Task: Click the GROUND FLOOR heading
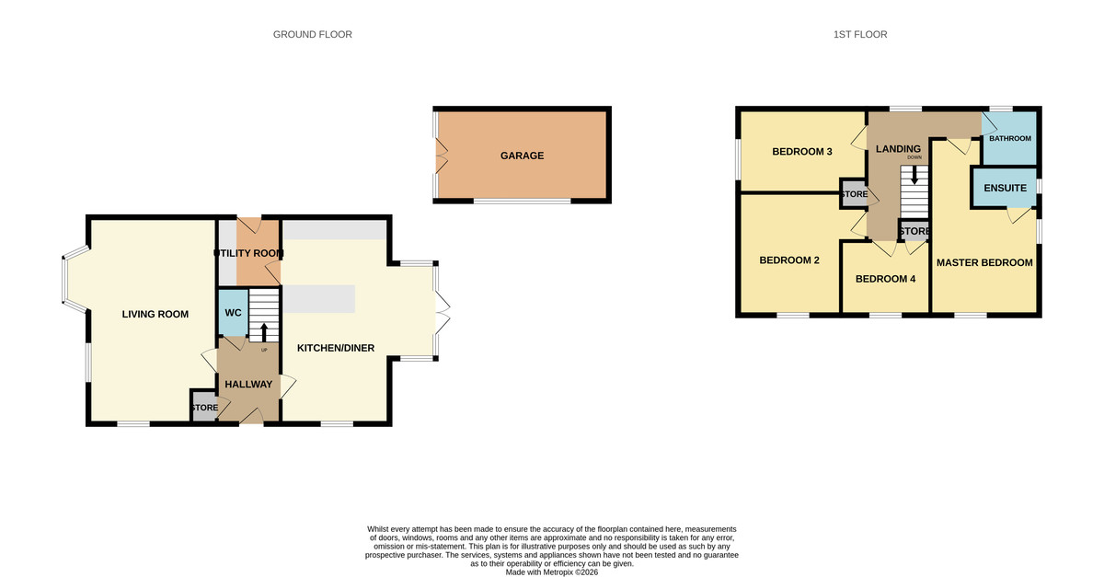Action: (312, 35)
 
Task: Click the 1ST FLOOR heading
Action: (861, 35)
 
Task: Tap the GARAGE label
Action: (522, 156)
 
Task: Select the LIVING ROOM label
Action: (155, 315)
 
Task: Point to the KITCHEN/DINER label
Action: (335, 348)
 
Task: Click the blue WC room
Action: (233, 313)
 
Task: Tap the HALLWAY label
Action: (249, 385)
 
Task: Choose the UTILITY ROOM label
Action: (248, 253)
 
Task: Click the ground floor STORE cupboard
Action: (204, 408)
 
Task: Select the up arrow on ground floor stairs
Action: (264, 331)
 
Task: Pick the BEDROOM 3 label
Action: (801, 152)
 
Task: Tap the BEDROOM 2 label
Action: (788, 260)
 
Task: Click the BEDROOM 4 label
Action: (885, 279)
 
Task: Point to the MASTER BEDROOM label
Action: (984, 262)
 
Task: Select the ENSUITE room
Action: (1005, 188)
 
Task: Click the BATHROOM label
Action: (1010, 138)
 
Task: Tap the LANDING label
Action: (898, 149)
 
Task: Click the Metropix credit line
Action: (552, 571)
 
